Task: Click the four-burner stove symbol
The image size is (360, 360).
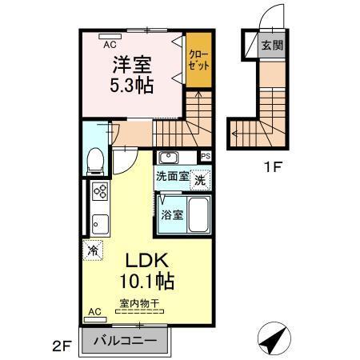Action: point(101,191)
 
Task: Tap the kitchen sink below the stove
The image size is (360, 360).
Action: point(101,222)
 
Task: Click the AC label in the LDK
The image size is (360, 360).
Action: point(94,311)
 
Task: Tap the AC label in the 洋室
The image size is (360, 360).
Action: point(110,45)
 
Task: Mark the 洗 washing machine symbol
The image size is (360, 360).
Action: point(200,180)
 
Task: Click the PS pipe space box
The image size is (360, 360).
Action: point(205,156)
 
